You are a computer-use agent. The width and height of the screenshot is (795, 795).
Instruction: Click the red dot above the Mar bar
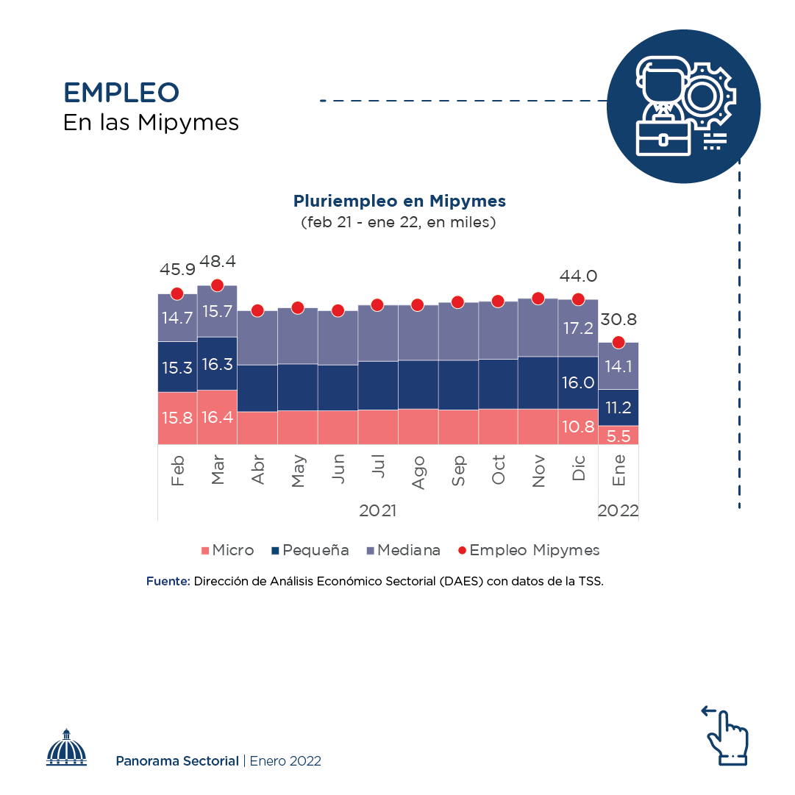217,285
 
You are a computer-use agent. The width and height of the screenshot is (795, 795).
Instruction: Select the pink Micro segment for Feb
177,418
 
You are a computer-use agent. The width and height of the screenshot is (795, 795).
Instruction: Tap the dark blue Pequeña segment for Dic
578,382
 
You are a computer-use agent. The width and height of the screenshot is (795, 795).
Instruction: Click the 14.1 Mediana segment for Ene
618,366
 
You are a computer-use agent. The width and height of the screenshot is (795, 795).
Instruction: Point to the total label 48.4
218,263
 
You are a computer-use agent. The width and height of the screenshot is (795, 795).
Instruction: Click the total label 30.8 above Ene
618,320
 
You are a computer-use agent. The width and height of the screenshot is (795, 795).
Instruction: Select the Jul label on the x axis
378,467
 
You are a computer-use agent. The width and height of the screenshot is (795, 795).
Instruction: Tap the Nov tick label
538,471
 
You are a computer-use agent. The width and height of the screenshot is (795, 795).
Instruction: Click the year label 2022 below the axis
618,511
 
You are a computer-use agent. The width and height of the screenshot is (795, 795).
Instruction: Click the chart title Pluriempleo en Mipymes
399,201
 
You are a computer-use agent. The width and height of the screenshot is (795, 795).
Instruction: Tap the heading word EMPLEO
121,93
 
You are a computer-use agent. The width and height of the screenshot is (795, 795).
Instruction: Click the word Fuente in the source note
168,581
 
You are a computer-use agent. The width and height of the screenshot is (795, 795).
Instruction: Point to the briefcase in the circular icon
664,138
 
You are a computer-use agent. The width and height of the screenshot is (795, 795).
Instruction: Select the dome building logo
66,748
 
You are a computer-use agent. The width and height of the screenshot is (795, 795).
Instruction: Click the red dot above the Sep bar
458,302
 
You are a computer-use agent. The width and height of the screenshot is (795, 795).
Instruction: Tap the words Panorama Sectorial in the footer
177,761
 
